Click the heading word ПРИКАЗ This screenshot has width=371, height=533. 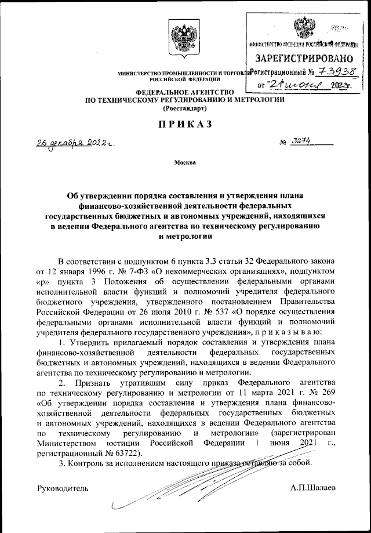pyautogui.click(x=185, y=124)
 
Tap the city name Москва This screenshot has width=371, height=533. pyautogui.click(x=185, y=162)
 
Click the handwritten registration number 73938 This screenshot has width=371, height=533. pyautogui.click(x=336, y=72)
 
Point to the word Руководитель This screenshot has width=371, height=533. pyautogui.click(x=63, y=488)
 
